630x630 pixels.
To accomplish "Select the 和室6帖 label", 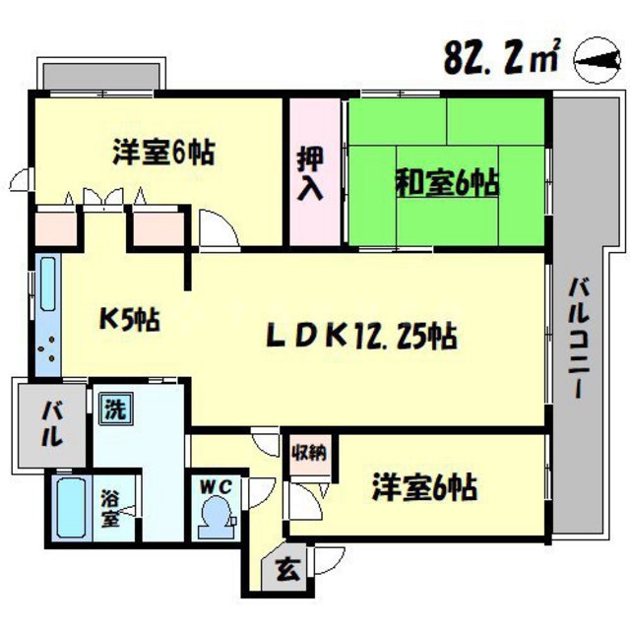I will coord(446,182).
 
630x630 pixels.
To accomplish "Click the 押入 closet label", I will coord(313,171).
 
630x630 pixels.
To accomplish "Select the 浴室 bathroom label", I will coord(112,510).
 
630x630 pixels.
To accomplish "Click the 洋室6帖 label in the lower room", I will coord(424,486).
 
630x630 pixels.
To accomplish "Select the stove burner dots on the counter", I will coord(46,350).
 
